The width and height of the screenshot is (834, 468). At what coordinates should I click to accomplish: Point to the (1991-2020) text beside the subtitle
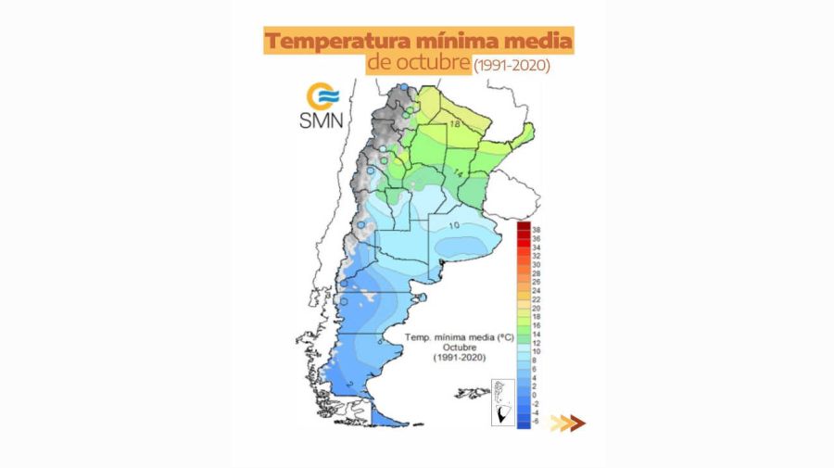pyautogui.click(x=511, y=66)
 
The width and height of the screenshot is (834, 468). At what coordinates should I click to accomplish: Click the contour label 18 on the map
pyautogui.click(x=455, y=123)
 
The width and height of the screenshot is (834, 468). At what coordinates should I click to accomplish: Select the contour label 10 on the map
pyautogui.click(x=454, y=225)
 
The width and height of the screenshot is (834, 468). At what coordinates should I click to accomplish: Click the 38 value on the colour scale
pyautogui.click(x=536, y=228)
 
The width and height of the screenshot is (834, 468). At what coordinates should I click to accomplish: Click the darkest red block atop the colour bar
pyautogui.click(x=523, y=228)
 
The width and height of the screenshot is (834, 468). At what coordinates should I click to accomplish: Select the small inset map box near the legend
pyautogui.click(x=502, y=402)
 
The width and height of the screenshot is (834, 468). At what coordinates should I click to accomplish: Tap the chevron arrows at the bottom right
pyautogui.click(x=567, y=424)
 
